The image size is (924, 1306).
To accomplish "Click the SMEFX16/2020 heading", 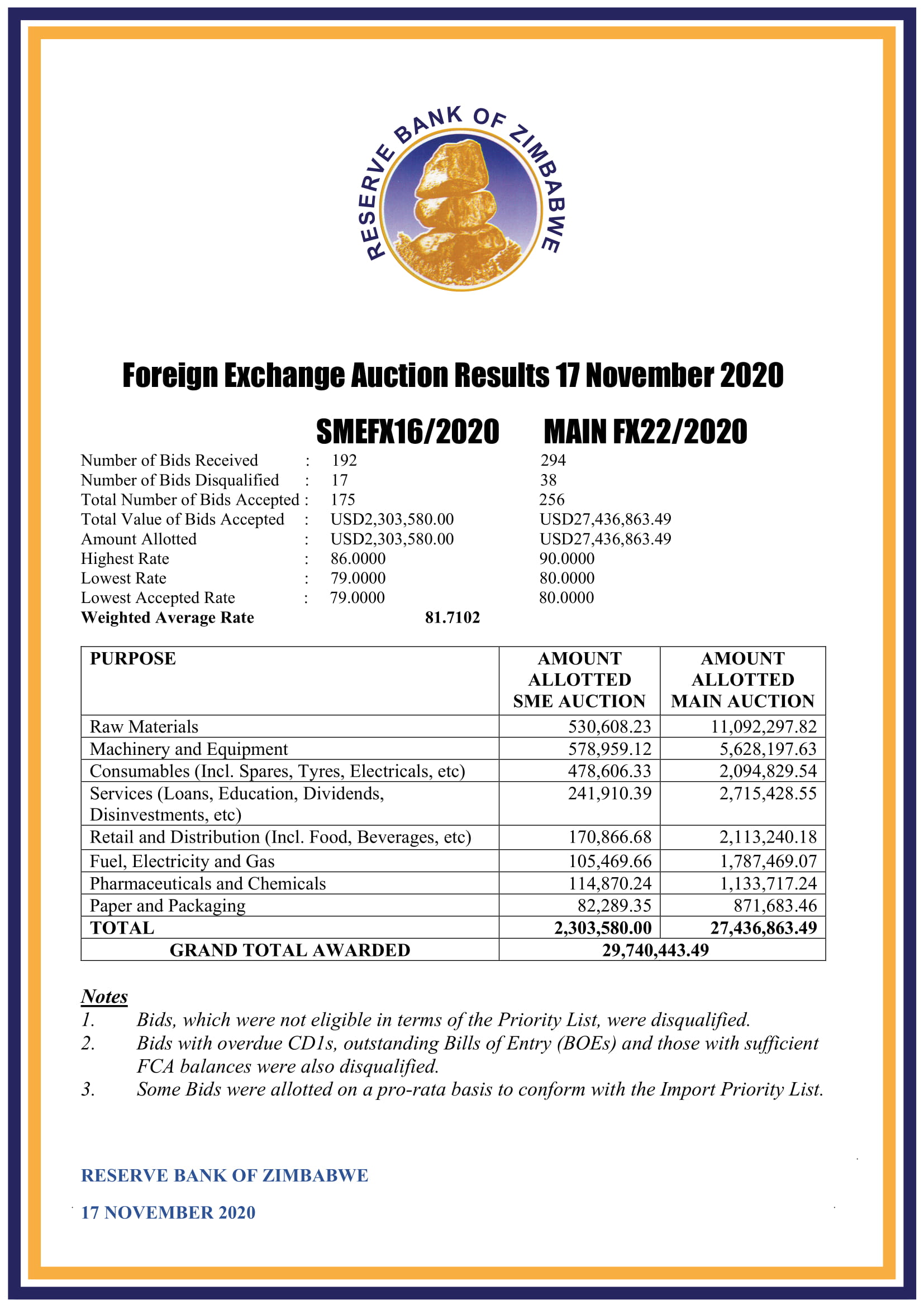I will click(x=407, y=432).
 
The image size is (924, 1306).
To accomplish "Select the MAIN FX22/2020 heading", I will click(x=645, y=432).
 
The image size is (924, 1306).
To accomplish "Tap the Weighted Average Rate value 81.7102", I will click(x=453, y=618).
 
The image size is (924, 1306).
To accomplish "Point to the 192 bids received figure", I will click(x=344, y=460).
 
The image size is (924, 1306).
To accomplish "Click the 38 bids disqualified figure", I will click(x=549, y=480).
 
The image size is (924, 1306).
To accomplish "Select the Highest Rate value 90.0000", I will click(x=566, y=558).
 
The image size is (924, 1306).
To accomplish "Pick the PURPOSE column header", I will click(x=133, y=659).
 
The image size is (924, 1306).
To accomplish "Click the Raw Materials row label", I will click(x=144, y=727).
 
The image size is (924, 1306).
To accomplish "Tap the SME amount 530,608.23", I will click(x=609, y=727).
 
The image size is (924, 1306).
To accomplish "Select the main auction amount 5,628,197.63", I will click(x=768, y=749).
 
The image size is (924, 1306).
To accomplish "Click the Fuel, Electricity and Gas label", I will click(x=182, y=861).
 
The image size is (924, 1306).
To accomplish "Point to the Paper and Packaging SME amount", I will click(x=615, y=906).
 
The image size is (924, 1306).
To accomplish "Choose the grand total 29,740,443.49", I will click(x=655, y=950).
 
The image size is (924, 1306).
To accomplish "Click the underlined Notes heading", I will click(x=104, y=997).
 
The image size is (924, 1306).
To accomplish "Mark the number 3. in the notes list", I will click(x=88, y=1089).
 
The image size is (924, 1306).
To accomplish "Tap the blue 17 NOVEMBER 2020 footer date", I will click(x=168, y=1212).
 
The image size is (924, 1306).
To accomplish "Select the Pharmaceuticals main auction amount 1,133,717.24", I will click(x=768, y=883).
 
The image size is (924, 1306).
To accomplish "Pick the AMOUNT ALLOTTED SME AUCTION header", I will click(x=579, y=680).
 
